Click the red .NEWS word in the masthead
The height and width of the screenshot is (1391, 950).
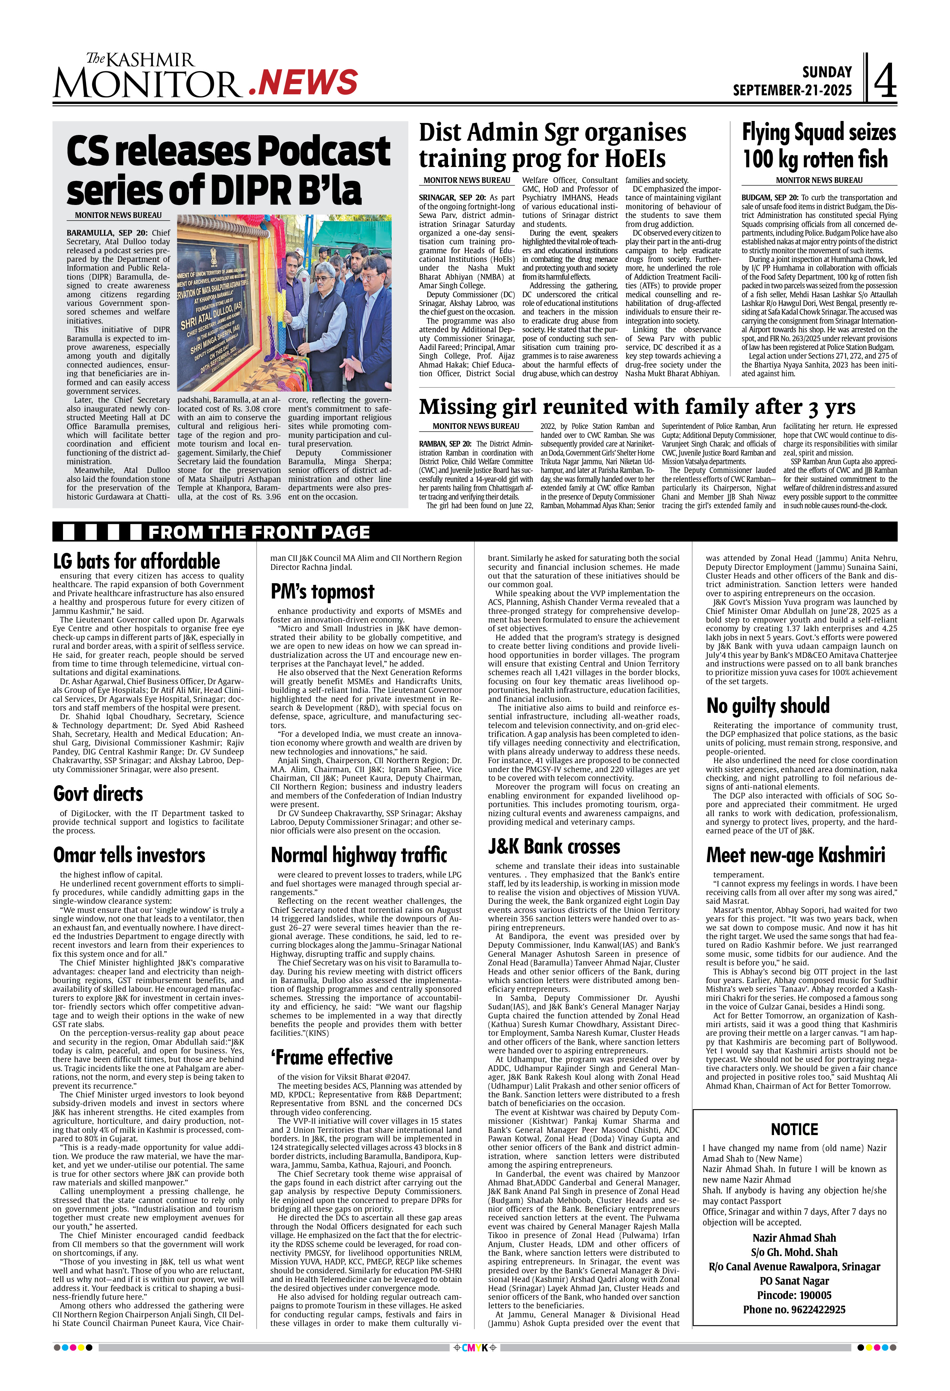(303, 82)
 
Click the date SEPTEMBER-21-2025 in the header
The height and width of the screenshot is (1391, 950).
(792, 90)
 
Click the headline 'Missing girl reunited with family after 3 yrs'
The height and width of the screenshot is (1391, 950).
(637, 407)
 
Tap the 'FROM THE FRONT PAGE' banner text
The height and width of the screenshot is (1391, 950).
(259, 532)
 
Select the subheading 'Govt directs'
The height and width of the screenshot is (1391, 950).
(98, 794)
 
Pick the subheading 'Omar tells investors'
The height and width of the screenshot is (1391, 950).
(129, 855)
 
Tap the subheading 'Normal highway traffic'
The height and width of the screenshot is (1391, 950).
(359, 855)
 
